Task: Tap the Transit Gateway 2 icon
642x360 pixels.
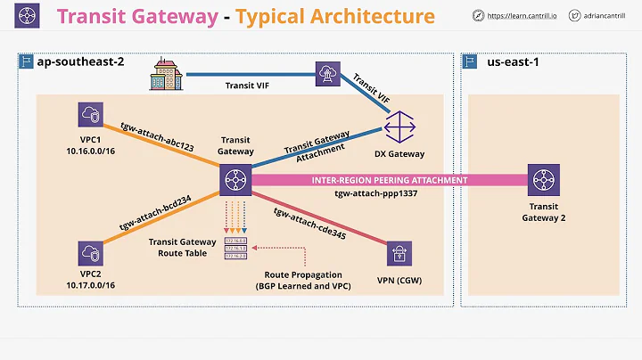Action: (x=540, y=179)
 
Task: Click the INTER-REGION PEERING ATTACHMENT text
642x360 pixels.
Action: (x=389, y=180)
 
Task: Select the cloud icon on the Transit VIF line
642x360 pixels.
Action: (x=326, y=74)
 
